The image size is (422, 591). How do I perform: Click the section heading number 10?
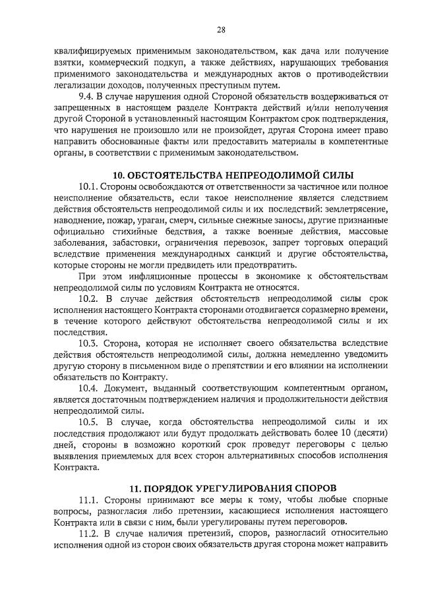tap(118, 175)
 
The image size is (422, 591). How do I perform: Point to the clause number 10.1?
tap(88, 188)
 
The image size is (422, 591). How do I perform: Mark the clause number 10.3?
tap(88, 344)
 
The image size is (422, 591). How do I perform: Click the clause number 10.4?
tap(88, 389)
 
